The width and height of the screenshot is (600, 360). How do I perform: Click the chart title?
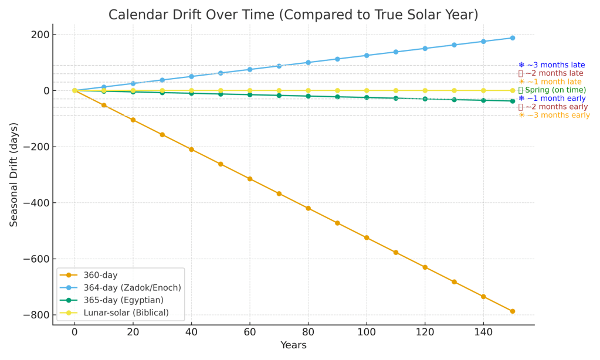293,15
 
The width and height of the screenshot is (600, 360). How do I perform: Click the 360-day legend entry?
101,275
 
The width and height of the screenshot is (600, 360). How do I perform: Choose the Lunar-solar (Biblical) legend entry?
126,313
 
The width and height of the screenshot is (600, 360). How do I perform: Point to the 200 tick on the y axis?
40,35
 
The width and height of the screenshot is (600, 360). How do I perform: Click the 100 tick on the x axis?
367,332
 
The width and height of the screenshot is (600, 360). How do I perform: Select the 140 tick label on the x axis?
483,332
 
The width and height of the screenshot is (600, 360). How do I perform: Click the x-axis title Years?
293,345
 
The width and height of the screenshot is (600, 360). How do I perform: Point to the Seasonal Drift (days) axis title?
14,175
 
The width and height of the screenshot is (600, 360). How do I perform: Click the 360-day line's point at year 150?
513,311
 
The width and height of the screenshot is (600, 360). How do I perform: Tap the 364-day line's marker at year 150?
513,38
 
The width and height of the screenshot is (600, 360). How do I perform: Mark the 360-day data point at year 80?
308,208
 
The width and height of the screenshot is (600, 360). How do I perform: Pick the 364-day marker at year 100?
367,56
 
